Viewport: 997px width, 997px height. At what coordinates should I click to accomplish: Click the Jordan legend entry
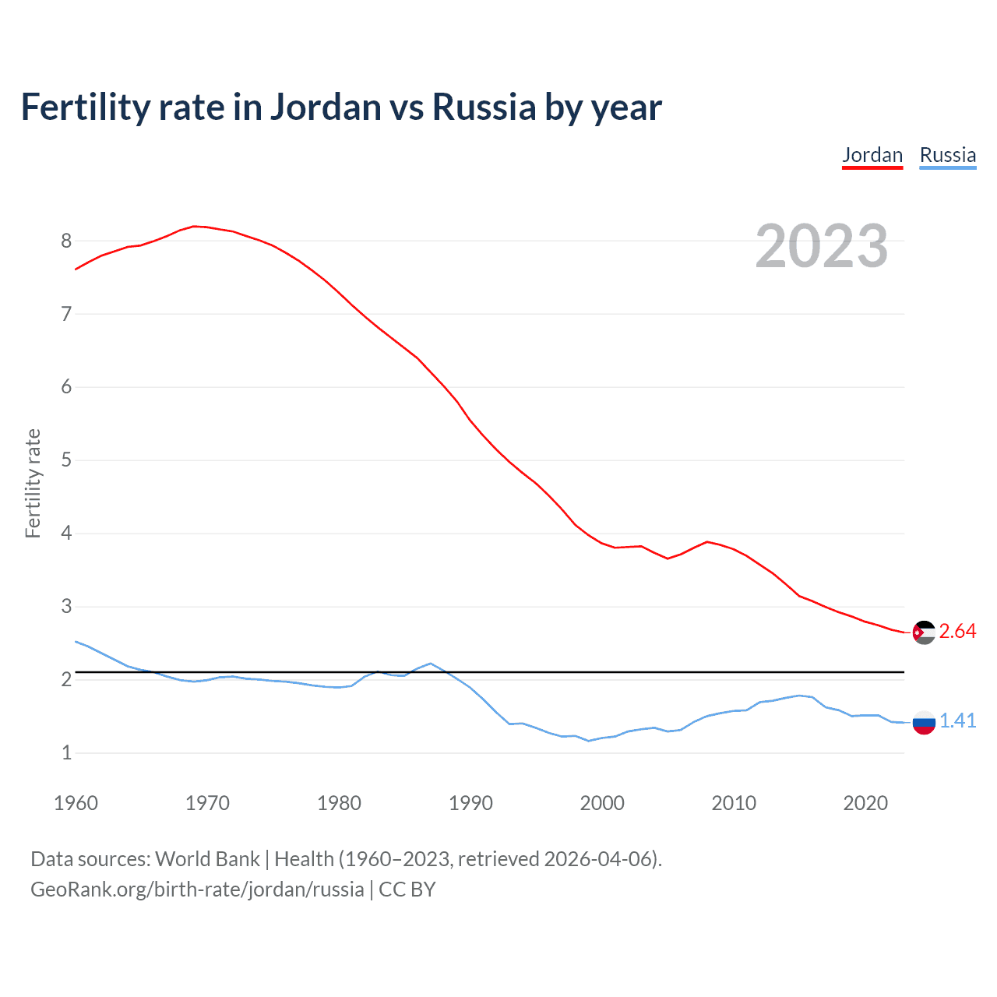point(872,155)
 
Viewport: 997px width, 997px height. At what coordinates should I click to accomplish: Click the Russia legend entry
point(947,155)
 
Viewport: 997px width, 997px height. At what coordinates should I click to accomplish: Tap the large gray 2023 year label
point(822,246)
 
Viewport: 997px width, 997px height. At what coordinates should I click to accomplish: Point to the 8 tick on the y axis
point(66,241)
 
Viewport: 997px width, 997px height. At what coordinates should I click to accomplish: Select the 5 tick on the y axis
point(66,460)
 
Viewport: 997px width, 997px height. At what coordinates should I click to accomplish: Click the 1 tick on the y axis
point(66,753)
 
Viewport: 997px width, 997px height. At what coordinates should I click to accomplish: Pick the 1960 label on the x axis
point(76,803)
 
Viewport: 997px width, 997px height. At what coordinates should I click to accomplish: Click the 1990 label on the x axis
point(470,803)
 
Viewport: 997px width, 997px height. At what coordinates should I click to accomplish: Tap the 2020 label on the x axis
point(865,803)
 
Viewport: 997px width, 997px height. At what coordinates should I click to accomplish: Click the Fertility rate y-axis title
point(33,483)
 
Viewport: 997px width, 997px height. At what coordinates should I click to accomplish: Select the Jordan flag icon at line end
point(924,632)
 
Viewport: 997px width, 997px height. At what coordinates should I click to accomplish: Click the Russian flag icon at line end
point(924,722)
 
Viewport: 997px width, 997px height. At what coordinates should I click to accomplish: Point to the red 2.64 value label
point(957,632)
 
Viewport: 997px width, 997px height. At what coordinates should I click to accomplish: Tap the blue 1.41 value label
point(957,721)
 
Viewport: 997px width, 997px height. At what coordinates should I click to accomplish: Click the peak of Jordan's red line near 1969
point(194,226)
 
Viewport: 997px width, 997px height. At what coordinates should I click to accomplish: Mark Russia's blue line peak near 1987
point(431,664)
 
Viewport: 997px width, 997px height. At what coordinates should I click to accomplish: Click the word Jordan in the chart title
point(326,107)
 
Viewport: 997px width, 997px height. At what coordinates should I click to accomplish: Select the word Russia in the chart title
point(484,107)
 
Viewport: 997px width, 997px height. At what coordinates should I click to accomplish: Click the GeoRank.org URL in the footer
point(197,890)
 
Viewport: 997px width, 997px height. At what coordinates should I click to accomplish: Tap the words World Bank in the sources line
point(207,859)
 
